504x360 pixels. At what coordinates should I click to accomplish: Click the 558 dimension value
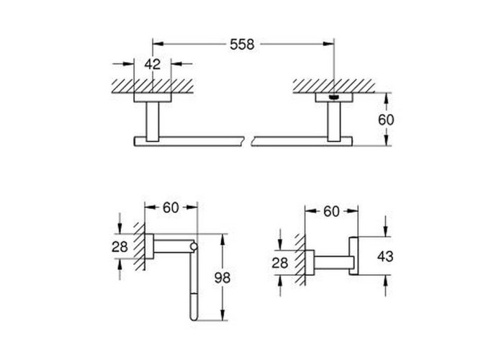242,45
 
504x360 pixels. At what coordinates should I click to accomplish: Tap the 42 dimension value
152,64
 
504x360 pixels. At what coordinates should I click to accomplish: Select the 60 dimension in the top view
386,120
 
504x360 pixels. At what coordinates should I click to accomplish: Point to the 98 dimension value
222,278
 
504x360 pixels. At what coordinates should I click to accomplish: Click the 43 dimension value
385,256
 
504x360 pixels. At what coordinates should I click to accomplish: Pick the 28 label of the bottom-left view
120,247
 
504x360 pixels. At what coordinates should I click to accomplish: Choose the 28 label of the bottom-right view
279,263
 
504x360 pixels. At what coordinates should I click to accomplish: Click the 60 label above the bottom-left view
171,207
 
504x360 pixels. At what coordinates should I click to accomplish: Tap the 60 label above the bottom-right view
331,211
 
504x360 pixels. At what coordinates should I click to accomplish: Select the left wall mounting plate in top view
153,98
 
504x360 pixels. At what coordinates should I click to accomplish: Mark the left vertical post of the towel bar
153,122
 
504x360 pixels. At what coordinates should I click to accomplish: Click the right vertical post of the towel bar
334,122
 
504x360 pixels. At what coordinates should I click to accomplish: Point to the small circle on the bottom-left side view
194,246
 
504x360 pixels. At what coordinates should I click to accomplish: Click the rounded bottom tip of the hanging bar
194,318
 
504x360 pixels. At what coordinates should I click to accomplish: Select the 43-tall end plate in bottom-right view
354,256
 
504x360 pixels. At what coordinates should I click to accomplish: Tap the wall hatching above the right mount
333,86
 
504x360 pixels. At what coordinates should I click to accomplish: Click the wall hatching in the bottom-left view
140,246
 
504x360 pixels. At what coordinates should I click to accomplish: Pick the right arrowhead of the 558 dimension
328,44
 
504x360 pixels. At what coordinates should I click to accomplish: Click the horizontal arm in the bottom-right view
332,263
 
